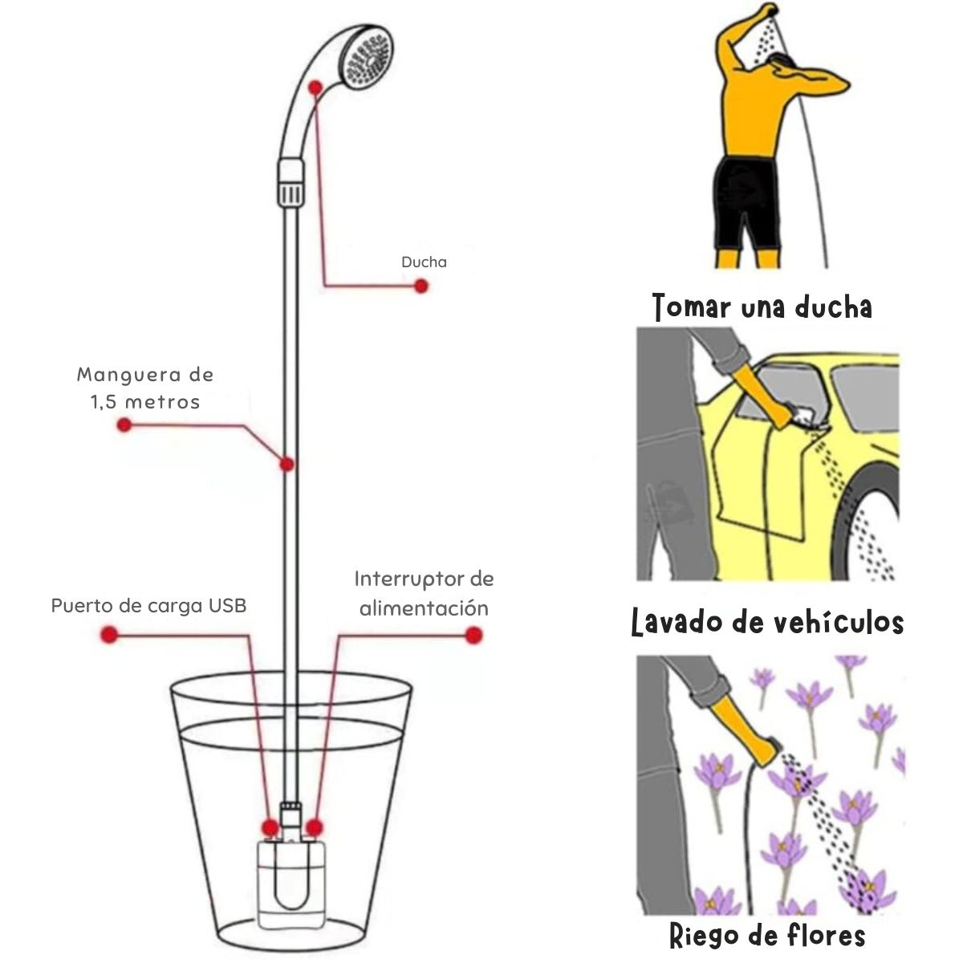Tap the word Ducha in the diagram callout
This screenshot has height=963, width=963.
click(424, 262)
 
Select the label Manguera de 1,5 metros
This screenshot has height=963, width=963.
click(145, 388)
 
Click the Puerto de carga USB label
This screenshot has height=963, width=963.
click(149, 606)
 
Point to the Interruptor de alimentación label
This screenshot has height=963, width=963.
click(424, 593)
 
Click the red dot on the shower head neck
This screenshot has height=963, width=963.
click(315, 88)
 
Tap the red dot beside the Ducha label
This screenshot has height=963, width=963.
click(421, 286)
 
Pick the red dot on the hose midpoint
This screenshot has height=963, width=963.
click(286, 465)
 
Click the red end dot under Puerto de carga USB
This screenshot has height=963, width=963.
click(109, 635)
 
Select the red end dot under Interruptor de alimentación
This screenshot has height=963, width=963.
click(473, 635)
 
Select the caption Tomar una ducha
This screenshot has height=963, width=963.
click(762, 307)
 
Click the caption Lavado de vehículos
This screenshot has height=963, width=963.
click(767, 622)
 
